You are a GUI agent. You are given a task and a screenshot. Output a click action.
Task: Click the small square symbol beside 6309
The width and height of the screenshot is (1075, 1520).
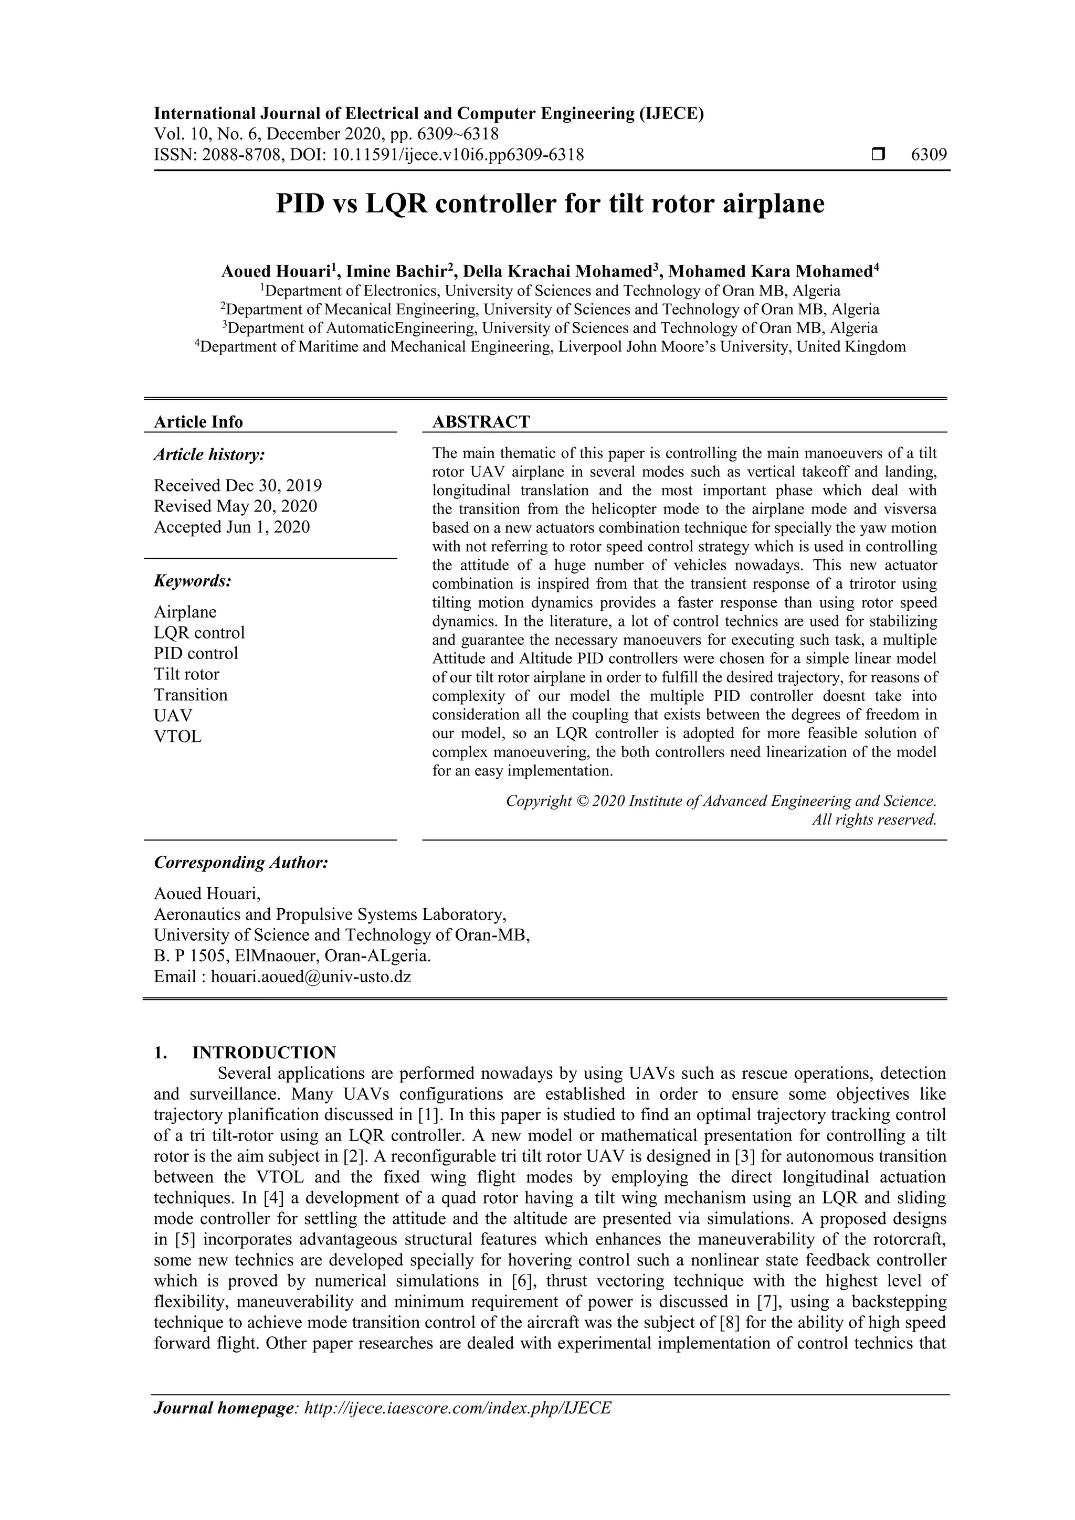tap(878, 155)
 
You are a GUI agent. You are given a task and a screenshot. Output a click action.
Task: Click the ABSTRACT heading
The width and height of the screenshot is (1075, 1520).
tap(481, 422)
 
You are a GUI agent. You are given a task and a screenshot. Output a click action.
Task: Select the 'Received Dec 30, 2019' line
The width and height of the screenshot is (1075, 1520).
tap(238, 485)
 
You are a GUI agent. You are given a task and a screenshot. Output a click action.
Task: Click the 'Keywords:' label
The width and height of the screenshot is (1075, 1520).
tap(193, 581)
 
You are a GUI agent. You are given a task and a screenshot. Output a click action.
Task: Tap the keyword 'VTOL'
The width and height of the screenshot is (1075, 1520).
tap(177, 736)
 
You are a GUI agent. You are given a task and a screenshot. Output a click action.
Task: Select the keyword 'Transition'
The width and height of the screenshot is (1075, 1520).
tap(191, 695)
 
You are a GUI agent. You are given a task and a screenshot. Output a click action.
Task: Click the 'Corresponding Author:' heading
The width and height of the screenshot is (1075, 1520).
tap(241, 863)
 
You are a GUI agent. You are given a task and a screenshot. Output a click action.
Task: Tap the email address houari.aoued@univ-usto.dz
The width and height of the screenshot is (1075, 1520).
tap(311, 976)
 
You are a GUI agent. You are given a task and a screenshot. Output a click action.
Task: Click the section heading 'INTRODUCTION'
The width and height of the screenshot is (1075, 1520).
tap(264, 1053)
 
